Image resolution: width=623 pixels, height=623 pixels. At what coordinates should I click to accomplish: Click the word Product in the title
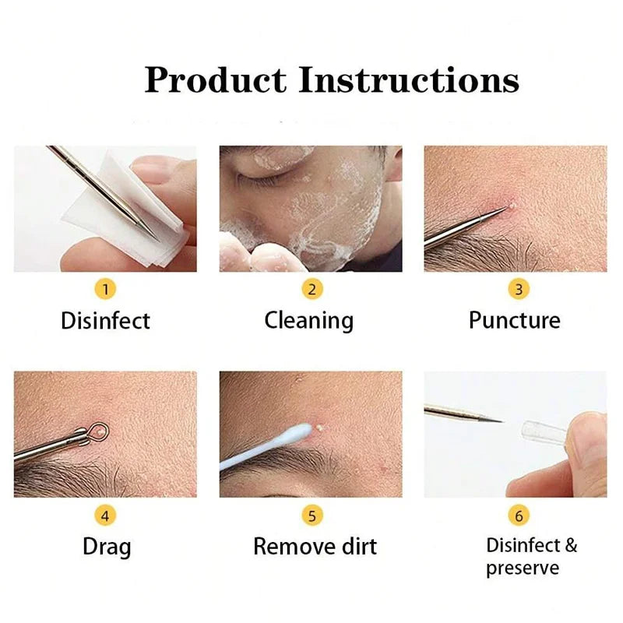[x=216, y=81]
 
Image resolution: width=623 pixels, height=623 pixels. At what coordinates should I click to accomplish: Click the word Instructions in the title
[x=410, y=79]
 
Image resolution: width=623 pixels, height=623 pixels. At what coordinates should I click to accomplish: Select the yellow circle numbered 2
[x=311, y=290]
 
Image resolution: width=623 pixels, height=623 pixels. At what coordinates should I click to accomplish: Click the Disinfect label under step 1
[x=105, y=320]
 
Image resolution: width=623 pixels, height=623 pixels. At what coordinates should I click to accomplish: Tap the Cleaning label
[x=308, y=320]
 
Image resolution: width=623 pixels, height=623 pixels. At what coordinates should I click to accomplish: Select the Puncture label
[x=514, y=320]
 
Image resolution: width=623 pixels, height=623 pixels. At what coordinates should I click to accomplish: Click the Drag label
[x=107, y=546]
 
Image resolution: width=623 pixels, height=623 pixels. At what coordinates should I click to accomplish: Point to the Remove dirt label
[x=315, y=546]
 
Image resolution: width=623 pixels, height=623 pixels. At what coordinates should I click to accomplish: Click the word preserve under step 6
[x=523, y=568]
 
